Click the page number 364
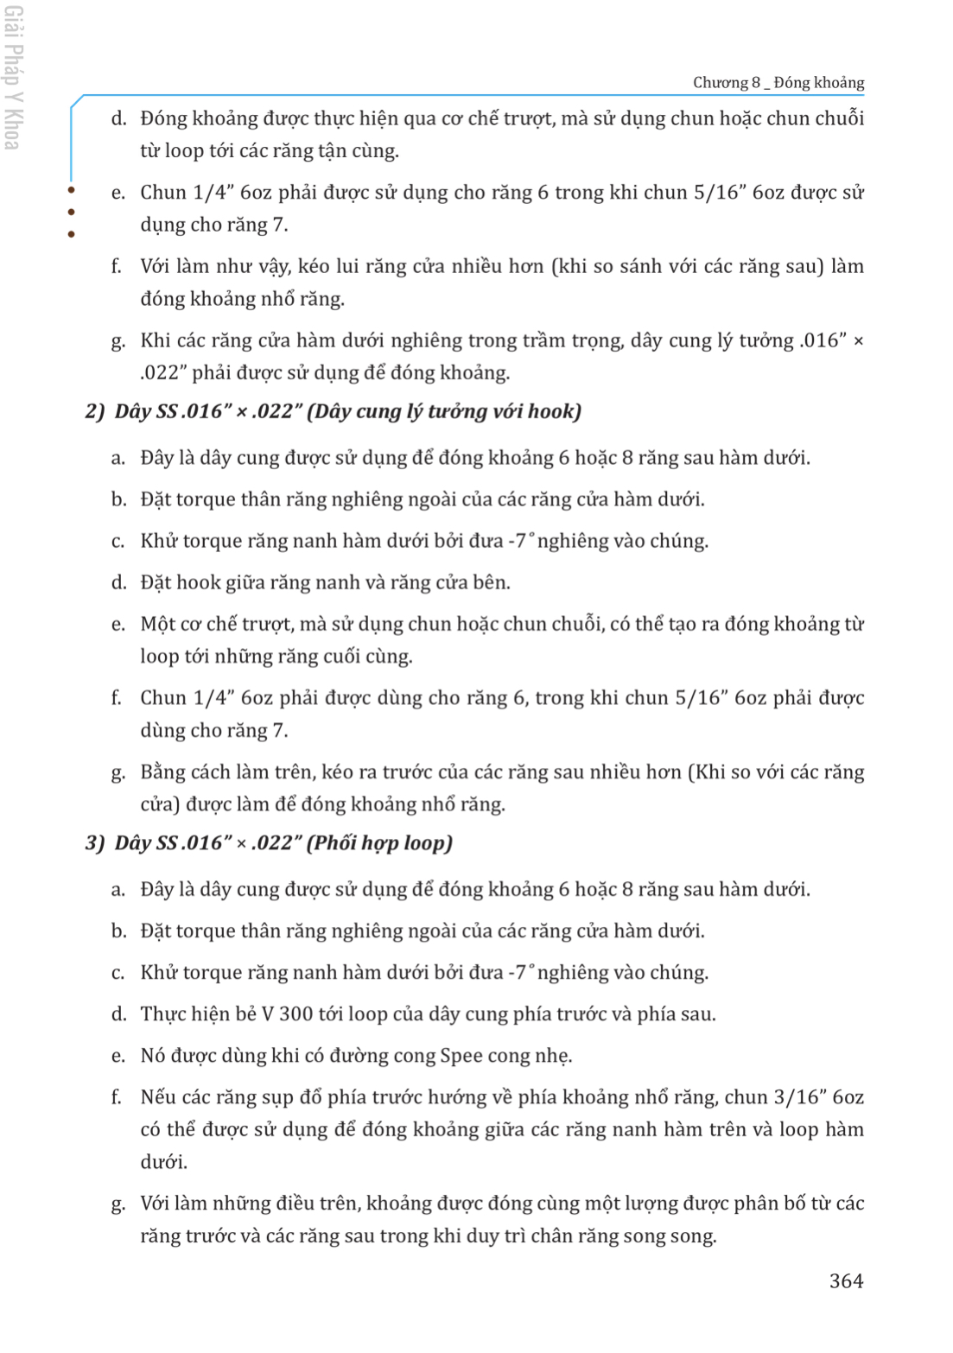[x=846, y=1280]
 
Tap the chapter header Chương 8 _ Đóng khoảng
[x=778, y=83]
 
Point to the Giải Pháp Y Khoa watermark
[x=13, y=78]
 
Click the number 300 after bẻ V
[x=296, y=1013]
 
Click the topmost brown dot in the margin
[x=71, y=190]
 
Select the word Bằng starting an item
[x=162, y=772]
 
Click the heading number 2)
[x=95, y=411]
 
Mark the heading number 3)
[x=95, y=842]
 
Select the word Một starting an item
[x=159, y=624]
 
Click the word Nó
[x=152, y=1055]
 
